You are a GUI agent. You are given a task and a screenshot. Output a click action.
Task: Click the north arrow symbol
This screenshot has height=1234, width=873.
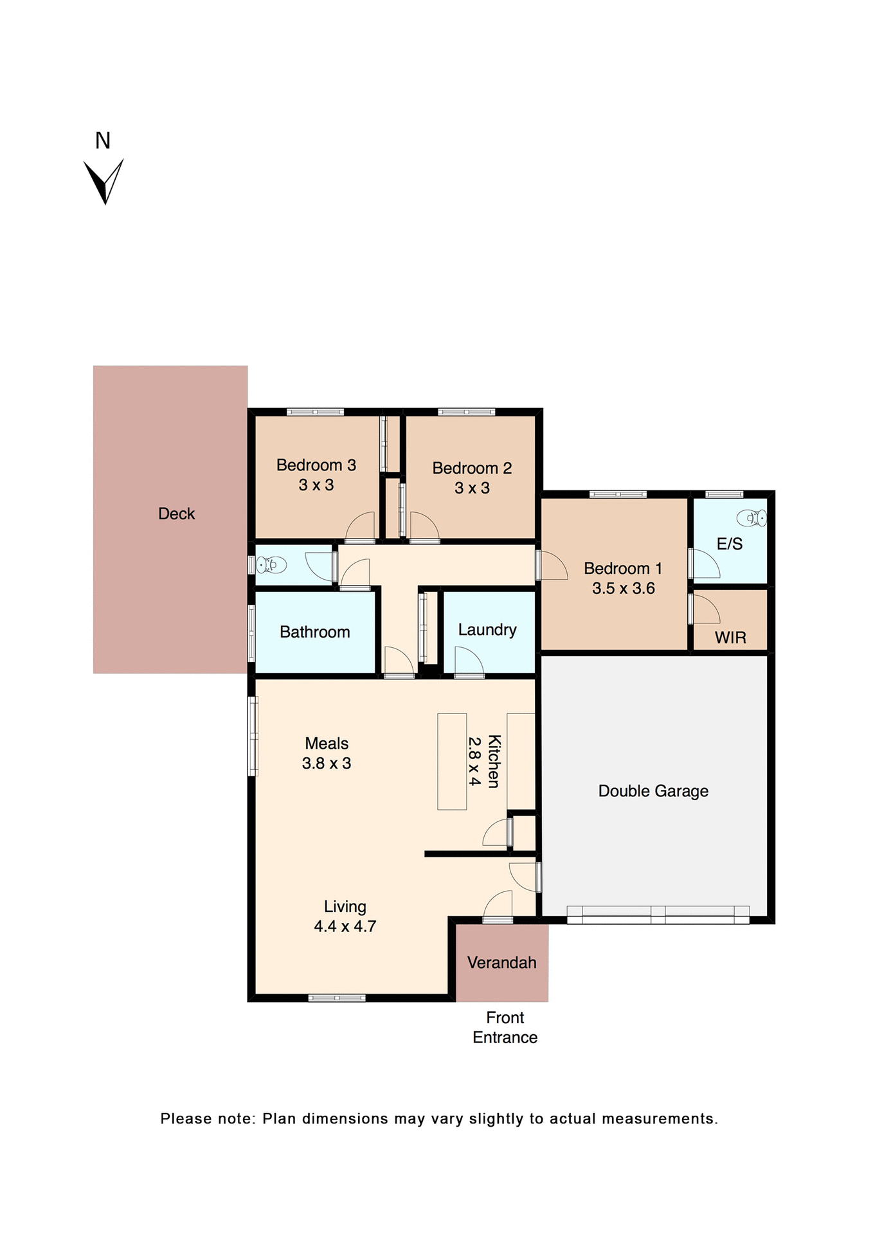click(103, 181)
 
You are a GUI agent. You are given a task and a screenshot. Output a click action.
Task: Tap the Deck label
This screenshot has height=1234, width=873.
click(176, 514)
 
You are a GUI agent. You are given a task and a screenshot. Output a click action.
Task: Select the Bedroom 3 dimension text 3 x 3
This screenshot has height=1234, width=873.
click(316, 485)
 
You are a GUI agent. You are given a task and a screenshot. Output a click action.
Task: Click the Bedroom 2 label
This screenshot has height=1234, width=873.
click(472, 468)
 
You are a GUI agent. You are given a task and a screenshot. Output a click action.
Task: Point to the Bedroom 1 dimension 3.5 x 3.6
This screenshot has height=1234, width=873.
click(623, 588)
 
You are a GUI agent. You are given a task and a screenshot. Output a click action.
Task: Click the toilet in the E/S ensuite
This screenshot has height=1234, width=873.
click(751, 517)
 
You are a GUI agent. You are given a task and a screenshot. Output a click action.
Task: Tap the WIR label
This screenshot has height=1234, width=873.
click(730, 638)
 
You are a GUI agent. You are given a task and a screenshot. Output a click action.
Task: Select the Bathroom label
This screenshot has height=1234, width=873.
click(314, 632)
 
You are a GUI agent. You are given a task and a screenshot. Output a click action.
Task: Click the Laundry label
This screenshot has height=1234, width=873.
click(487, 629)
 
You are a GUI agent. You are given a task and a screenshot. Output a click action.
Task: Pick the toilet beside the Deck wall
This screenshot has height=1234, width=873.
click(271, 565)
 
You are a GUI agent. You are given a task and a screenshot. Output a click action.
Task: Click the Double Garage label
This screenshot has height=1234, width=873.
click(653, 791)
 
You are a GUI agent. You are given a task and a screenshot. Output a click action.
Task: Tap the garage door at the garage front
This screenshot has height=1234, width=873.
click(658, 915)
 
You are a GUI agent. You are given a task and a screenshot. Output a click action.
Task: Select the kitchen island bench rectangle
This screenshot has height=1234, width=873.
click(452, 761)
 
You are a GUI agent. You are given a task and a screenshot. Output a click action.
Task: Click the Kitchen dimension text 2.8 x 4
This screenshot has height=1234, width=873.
click(474, 761)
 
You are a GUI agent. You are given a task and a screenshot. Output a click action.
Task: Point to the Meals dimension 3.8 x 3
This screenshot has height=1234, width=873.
click(327, 763)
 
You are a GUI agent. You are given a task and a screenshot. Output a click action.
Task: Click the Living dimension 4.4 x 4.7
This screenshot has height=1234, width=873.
click(345, 926)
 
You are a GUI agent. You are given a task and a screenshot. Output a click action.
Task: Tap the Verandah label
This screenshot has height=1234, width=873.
click(501, 962)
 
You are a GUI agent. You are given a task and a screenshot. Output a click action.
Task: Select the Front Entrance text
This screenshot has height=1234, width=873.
click(505, 1027)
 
